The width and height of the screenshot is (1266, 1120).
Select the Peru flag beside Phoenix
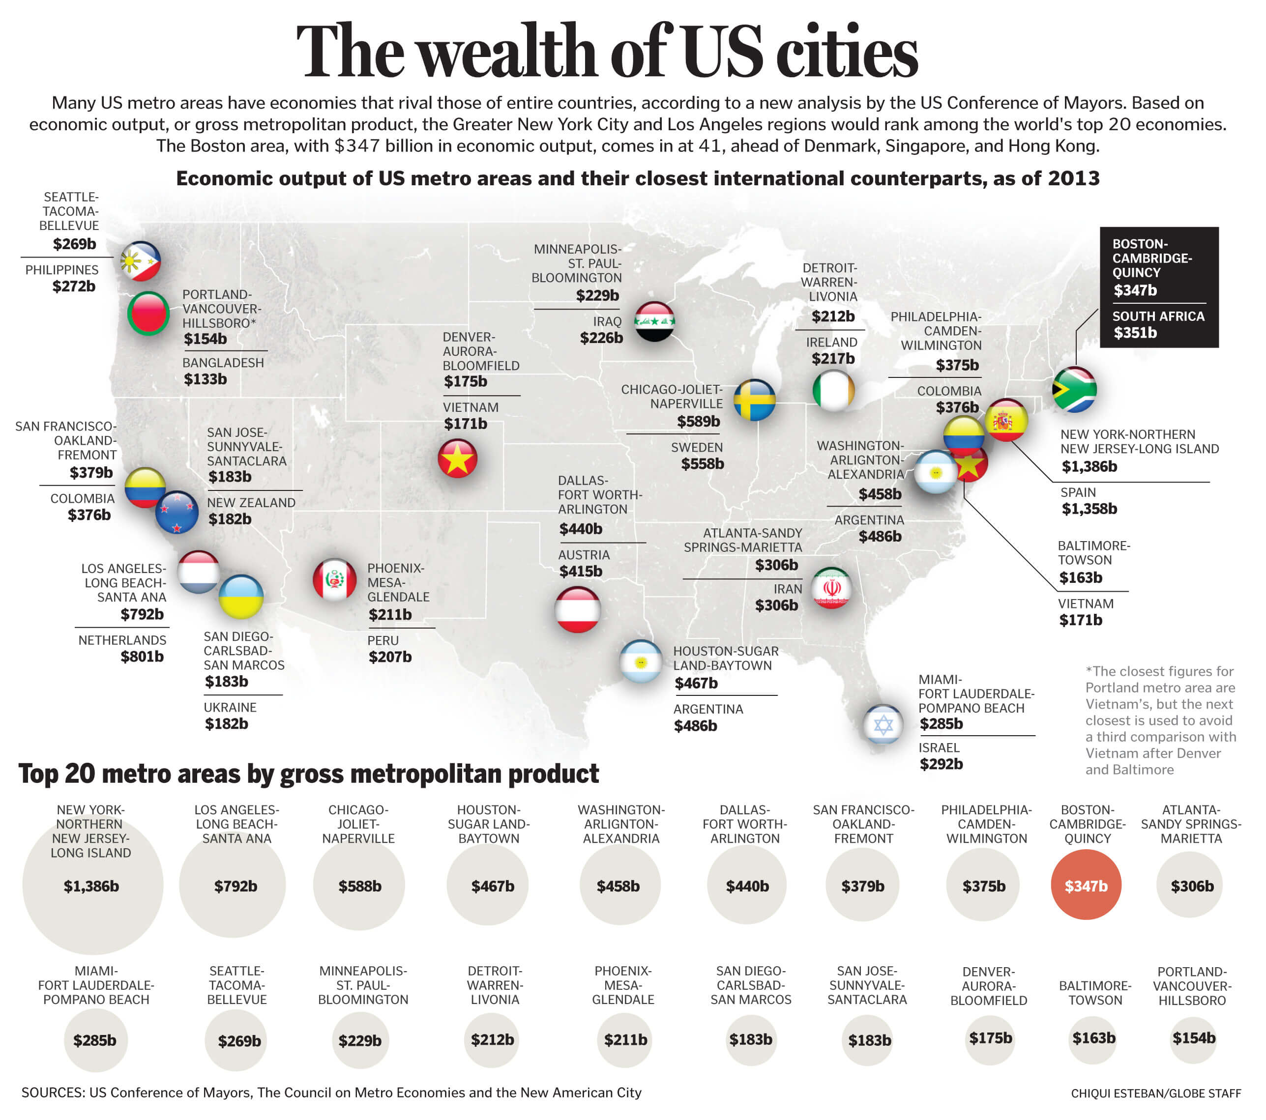tap(334, 580)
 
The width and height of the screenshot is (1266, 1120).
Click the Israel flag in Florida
tap(883, 724)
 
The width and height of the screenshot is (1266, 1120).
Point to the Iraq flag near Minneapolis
tap(654, 322)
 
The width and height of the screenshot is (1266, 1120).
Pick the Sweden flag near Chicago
tap(754, 400)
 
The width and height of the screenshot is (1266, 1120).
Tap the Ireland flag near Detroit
tap(833, 391)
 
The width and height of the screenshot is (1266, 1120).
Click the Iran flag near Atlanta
tap(831, 588)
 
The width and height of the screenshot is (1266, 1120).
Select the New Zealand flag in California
tap(177, 513)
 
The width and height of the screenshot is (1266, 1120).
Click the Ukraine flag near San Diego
tap(241, 597)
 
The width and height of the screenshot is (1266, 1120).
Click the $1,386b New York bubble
tap(92, 886)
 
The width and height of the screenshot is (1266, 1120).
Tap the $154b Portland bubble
tap(1193, 1037)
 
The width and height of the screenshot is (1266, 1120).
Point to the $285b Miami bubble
tap(95, 1039)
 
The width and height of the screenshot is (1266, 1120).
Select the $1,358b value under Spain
tap(1089, 509)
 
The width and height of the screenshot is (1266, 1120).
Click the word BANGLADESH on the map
tap(223, 363)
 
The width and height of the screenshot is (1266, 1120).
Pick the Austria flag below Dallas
tap(577, 610)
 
